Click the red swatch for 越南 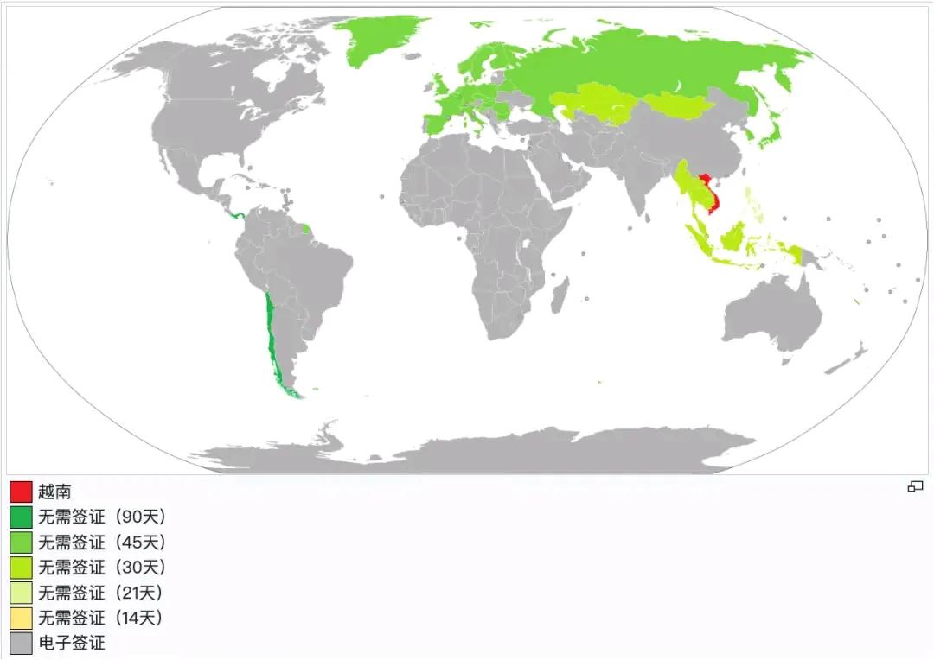[x=21, y=492]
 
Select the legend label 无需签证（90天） [x=101, y=517]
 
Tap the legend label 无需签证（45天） [x=101, y=543]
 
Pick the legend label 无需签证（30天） [x=101, y=568]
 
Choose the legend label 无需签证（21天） [x=99, y=593]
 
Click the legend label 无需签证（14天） [x=99, y=618]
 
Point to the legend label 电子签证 [x=71, y=643]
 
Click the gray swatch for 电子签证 [x=21, y=643]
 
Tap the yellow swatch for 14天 [x=21, y=618]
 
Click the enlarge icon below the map [x=915, y=487]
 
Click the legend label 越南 [x=54, y=492]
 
